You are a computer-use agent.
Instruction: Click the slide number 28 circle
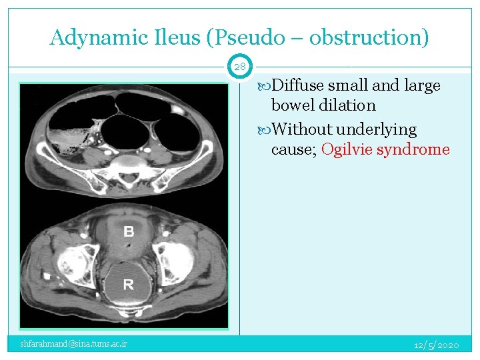[240, 67]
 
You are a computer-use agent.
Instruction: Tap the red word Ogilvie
[347, 149]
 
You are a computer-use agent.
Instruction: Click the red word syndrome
[413, 149]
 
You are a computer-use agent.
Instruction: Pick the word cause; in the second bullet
[293, 149]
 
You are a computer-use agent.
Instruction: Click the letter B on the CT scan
[129, 232]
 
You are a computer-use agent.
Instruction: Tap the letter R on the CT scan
[129, 285]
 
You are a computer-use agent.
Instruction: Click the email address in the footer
[74, 344]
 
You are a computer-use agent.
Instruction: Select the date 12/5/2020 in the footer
[436, 345]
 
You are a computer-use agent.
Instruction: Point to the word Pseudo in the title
[241, 37]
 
